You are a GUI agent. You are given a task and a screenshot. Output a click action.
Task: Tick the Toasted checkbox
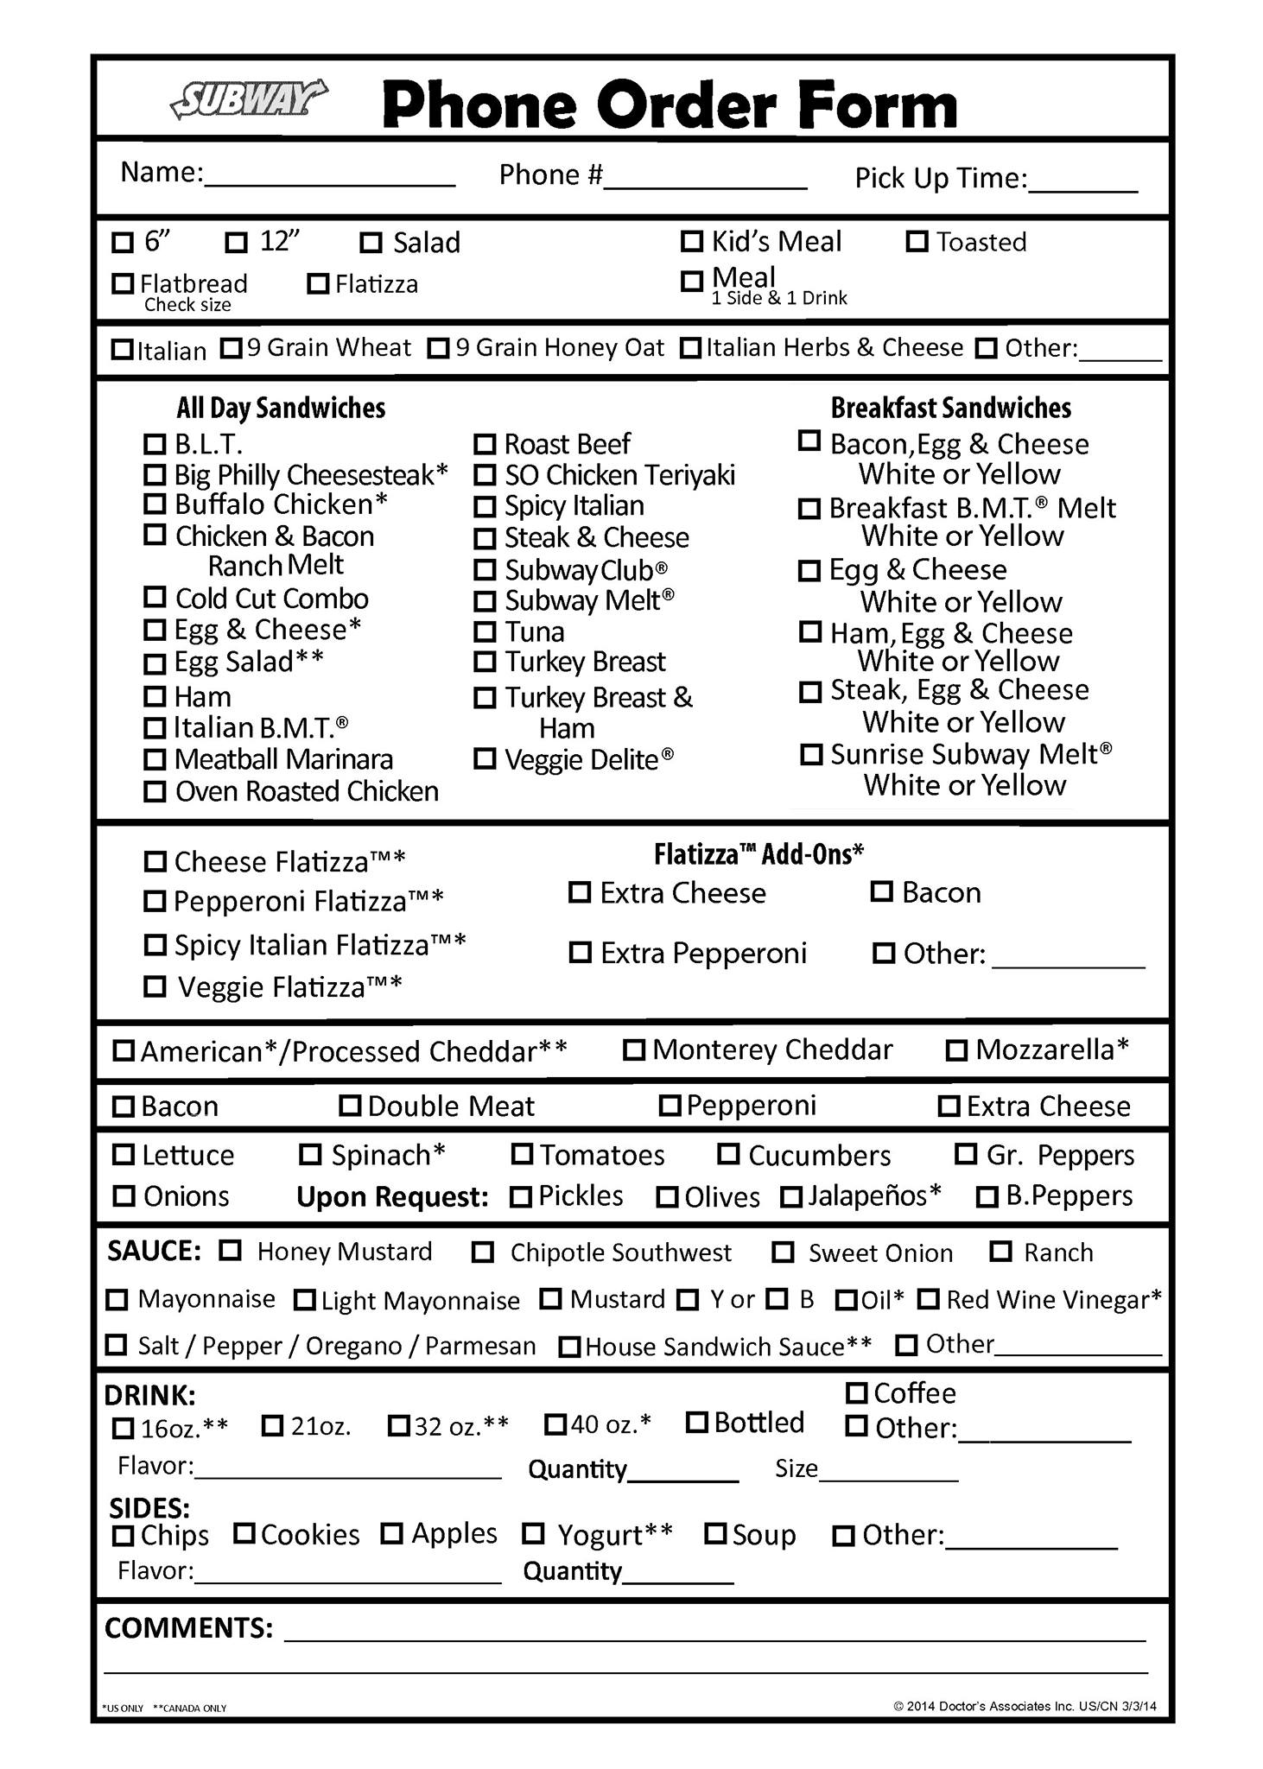tap(917, 242)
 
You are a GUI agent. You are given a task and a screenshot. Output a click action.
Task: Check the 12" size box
tap(236, 243)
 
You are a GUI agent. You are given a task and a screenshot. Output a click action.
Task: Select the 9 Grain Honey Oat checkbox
tap(439, 348)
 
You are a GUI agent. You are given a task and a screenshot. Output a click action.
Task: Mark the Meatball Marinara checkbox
tap(154, 760)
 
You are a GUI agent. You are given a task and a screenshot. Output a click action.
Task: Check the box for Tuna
tap(485, 631)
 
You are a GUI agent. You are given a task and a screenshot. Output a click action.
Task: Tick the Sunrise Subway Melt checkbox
tap(811, 754)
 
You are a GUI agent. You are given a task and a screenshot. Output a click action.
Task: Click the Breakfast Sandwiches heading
tap(950, 408)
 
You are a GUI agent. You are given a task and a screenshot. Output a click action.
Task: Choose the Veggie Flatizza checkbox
tap(155, 986)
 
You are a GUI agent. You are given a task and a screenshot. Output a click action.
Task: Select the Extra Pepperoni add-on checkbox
tap(580, 953)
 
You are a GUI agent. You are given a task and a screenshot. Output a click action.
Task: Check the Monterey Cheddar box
tap(634, 1050)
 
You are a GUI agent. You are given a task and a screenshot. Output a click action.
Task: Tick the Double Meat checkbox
tap(349, 1106)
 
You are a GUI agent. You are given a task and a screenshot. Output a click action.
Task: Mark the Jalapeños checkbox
tap(790, 1197)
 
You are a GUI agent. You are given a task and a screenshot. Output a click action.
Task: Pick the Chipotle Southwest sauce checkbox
tap(483, 1252)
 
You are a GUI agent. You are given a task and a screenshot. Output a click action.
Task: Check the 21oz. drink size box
tap(272, 1426)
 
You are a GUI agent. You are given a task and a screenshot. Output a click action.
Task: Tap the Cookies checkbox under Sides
tap(244, 1534)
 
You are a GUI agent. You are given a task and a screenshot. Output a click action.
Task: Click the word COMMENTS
tap(188, 1627)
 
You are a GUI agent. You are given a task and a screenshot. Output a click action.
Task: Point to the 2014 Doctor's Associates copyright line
tap(1025, 1706)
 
